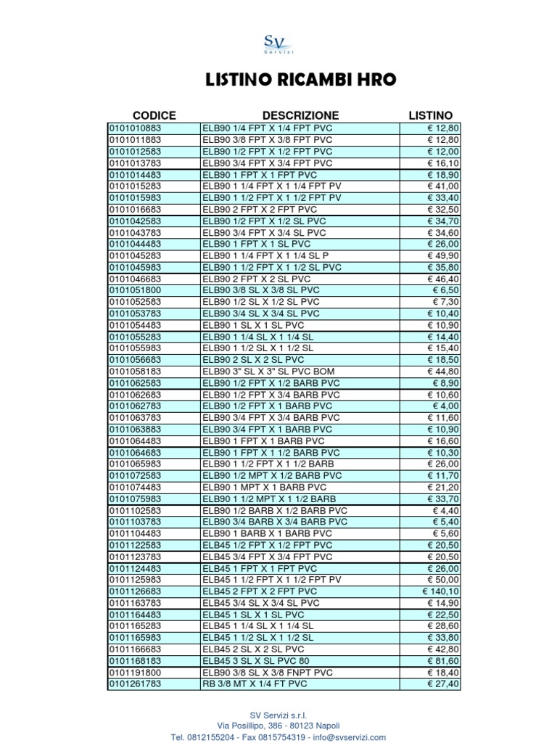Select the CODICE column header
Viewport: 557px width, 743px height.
click(154, 115)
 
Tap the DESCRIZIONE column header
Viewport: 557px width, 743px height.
click(300, 115)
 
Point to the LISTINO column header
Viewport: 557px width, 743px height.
click(430, 115)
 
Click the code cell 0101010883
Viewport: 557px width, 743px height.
click(136, 128)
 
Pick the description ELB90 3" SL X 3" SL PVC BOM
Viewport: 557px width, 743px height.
click(269, 371)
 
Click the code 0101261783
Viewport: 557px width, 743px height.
click(136, 684)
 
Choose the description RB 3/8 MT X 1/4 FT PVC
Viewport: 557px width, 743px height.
click(255, 684)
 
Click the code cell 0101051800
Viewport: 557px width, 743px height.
click(136, 290)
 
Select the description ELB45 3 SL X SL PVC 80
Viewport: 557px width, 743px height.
click(256, 661)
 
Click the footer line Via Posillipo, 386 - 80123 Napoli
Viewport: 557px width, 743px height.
click(278, 726)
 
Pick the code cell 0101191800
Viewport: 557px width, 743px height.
click(136, 673)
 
